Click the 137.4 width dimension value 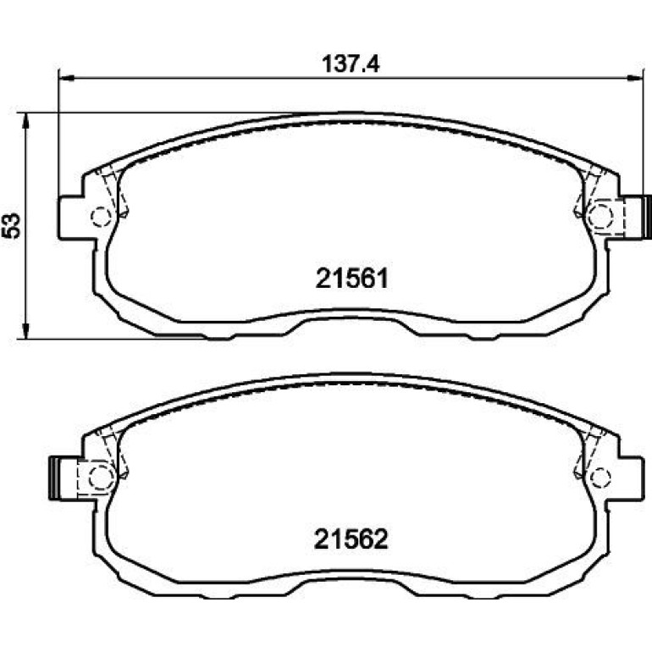click(351, 64)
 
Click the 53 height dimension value click(12, 226)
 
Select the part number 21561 click(351, 279)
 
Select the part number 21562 click(351, 539)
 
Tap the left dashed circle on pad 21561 click(101, 216)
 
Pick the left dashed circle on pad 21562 click(101, 477)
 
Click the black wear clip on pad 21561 click(647, 217)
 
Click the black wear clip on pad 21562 click(53, 478)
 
